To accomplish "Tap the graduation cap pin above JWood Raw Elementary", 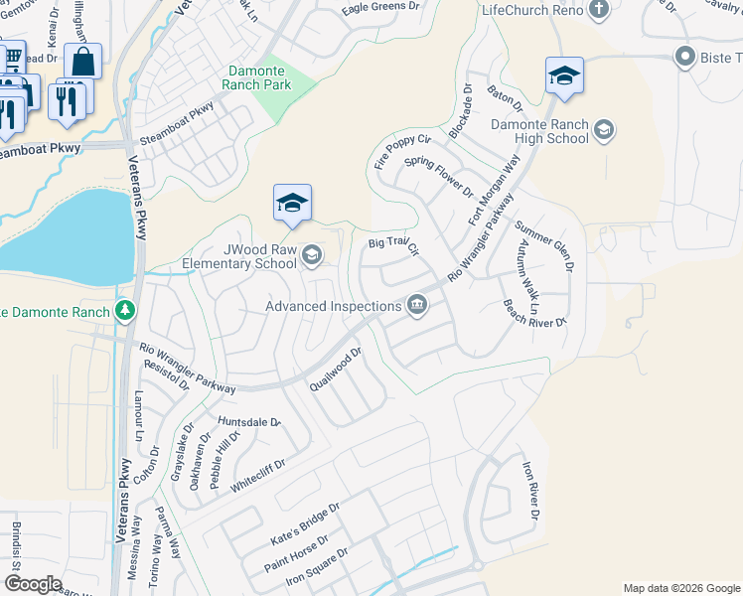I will click(x=292, y=204).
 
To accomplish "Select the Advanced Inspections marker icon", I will click(x=418, y=305).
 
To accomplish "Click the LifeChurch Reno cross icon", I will click(x=598, y=10).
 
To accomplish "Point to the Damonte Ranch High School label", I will click(x=539, y=132).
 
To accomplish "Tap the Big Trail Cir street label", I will click(x=394, y=244).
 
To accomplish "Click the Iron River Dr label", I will click(x=530, y=491).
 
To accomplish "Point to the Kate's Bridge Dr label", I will click(x=305, y=522).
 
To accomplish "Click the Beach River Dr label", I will click(x=532, y=313).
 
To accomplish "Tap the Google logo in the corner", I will click(x=33, y=584).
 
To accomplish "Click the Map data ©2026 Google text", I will click(x=681, y=588).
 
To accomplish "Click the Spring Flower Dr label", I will click(x=440, y=175).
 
